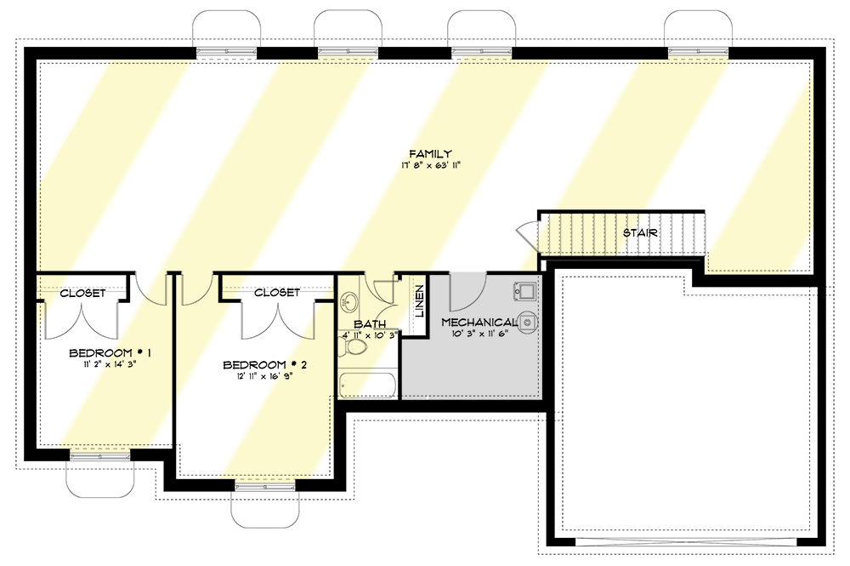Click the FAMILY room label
430,153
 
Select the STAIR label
640,233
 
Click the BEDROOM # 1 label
110,353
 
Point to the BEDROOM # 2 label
265,364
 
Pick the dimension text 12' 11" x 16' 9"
265,375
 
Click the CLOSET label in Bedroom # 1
82,293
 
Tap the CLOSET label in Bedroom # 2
277,293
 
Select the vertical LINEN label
420,301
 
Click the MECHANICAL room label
479,323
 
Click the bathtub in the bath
367,386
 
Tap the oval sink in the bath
349,301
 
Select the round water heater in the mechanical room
528,323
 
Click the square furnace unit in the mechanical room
524,291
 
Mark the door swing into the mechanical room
467,292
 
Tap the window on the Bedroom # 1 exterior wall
99,457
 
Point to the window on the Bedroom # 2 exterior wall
265,487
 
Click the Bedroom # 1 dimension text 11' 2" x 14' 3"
110,364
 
